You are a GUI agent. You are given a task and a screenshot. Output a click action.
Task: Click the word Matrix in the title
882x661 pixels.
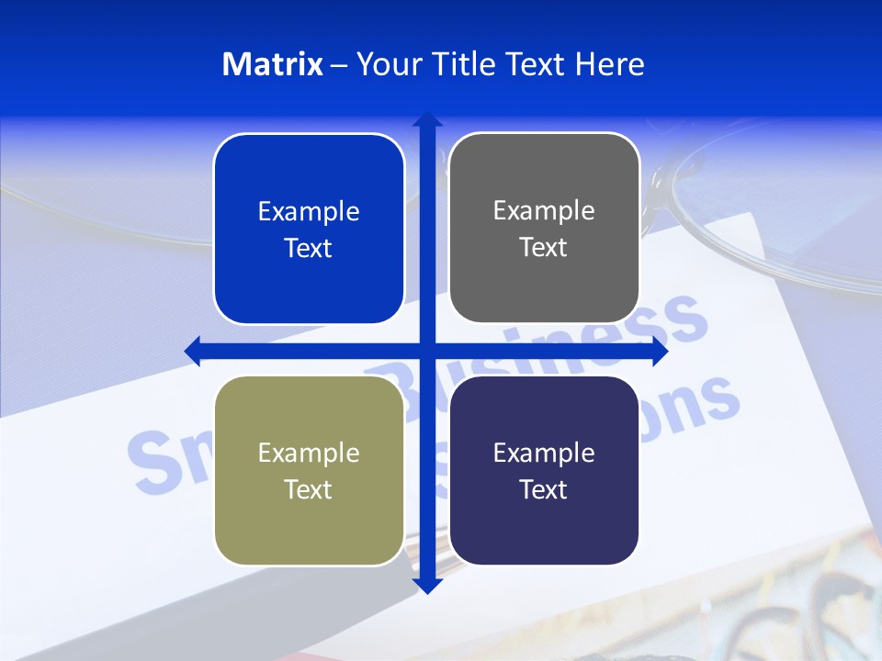(x=273, y=64)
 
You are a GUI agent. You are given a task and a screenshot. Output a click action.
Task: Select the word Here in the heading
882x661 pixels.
(x=609, y=64)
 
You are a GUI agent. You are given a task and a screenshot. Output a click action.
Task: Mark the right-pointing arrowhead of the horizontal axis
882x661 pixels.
(x=660, y=351)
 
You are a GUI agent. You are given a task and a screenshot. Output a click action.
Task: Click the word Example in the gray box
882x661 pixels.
(x=544, y=211)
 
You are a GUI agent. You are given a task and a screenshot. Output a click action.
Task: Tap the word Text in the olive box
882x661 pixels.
(x=309, y=490)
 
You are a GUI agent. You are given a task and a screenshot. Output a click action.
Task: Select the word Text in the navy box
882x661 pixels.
(x=544, y=490)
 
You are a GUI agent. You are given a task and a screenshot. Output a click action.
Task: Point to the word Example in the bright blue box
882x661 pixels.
(x=309, y=212)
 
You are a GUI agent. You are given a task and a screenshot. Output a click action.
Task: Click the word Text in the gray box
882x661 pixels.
(x=544, y=248)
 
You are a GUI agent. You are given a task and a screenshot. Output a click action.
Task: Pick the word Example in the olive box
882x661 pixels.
(x=309, y=454)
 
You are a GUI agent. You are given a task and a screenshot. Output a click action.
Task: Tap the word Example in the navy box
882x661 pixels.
(x=544, y=454)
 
